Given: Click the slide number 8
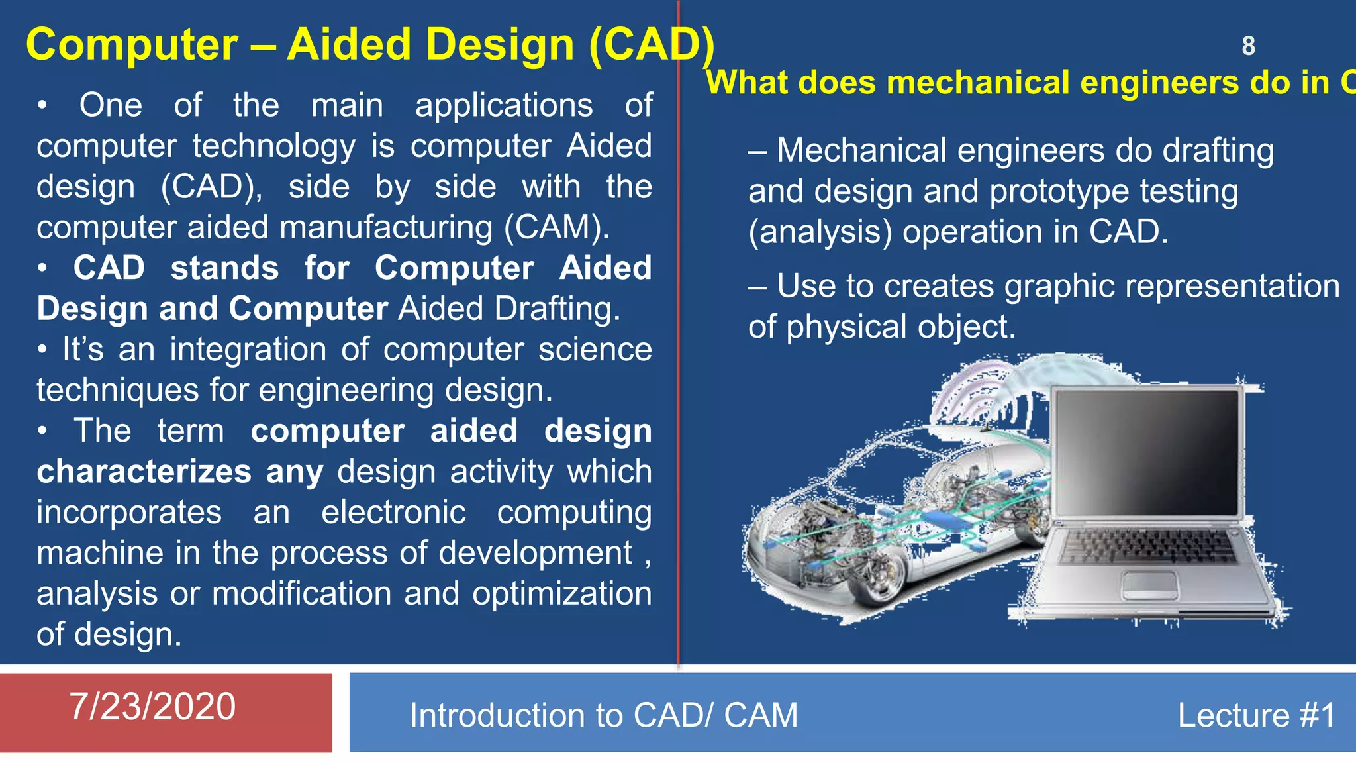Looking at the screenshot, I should click(1248, 46).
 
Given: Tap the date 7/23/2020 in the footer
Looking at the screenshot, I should click(152, 706).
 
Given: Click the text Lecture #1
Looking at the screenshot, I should click(1256, 715).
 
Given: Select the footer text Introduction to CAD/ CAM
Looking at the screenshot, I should click(603, 715).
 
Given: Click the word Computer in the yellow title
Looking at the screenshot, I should click(132, 45).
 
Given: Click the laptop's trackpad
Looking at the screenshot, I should click(1149, 585).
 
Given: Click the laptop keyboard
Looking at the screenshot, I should click(1149, 547).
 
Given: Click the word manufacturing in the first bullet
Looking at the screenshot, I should click(387, 228).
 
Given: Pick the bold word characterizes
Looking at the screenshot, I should click(144, 472).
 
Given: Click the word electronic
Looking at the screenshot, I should click(393, 513).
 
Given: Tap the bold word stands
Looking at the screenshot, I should click(224, 268).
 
